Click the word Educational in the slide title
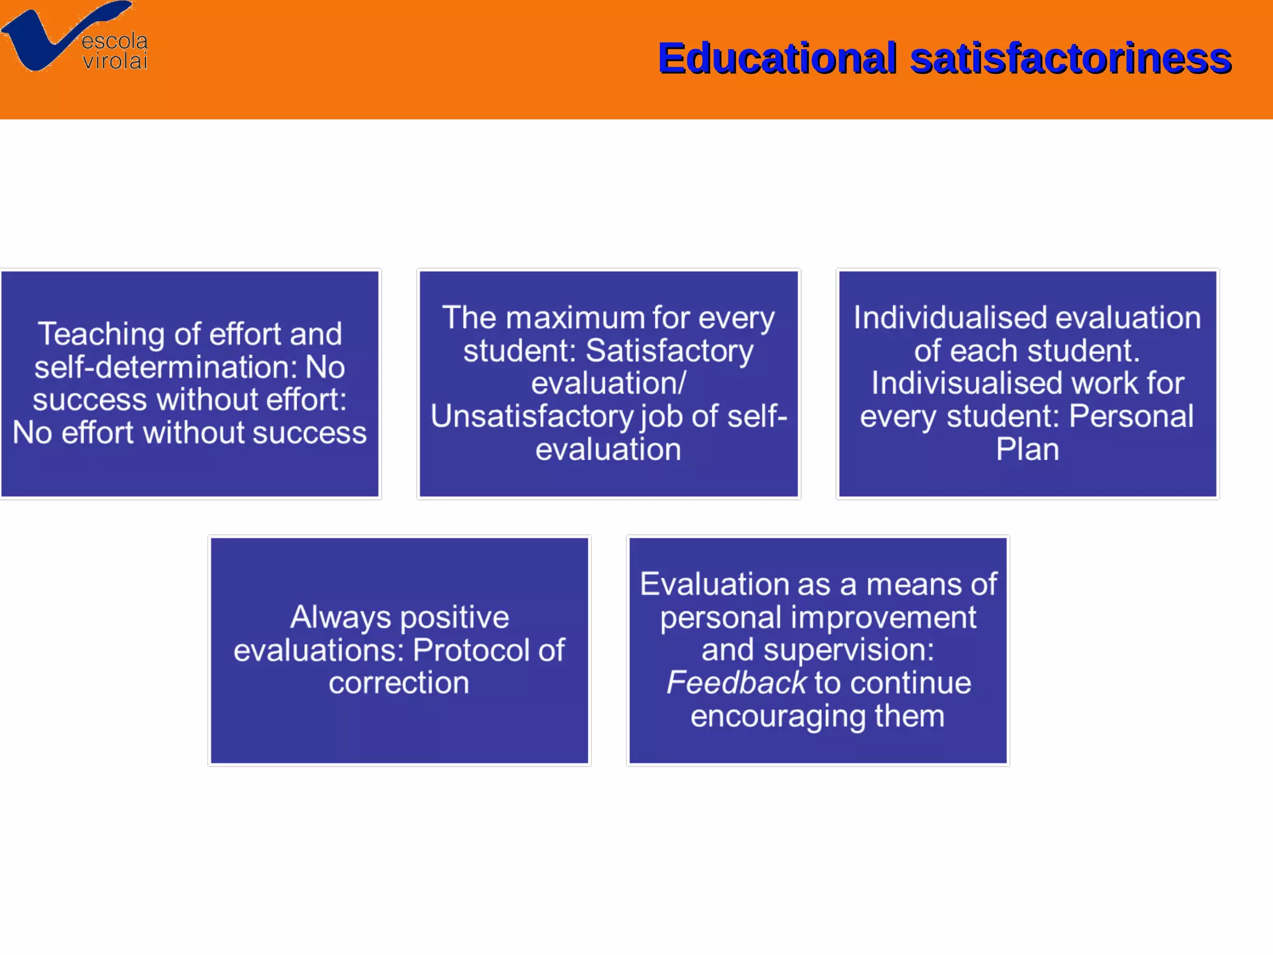point(777,58)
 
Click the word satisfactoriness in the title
point(1070,58)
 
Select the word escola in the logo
point(115,41)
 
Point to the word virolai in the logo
point(115,61)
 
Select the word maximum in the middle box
point(581,318)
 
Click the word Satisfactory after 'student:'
point(669,351)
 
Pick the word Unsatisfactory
point(531,417)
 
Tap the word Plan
point(1027,450)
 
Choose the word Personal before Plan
point(1131,417)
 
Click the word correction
point(399,683)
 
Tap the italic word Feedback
point(736,683)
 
